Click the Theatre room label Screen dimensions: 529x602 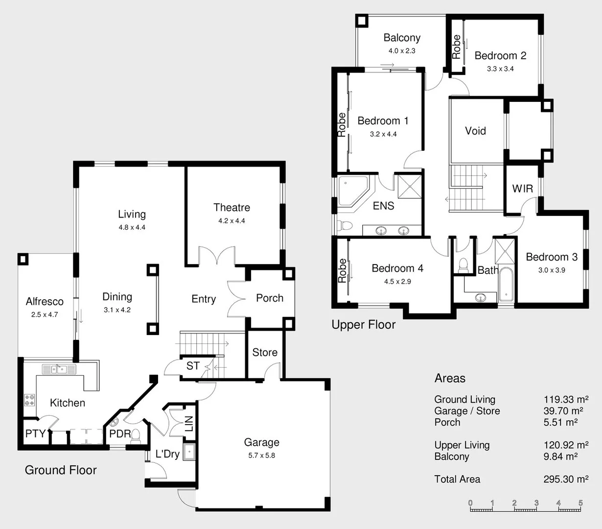tap(232, 208)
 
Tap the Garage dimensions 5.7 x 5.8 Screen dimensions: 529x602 tap(261, 456)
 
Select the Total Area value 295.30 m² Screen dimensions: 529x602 tap(566, 480)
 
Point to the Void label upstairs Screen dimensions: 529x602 tap(475, 131)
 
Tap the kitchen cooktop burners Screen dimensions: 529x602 tap(29, 400)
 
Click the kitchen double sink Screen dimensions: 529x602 tap(58, 369)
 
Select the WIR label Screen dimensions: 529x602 tap(522, 189)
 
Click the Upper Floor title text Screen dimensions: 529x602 tap(363, 325)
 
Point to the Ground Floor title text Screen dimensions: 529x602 tap(61, 470)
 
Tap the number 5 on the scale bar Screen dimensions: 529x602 tap(580, 503)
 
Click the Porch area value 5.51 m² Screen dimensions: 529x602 tap(560, 422)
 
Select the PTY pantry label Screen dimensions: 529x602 tap(35, 433)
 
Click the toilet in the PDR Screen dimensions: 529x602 tap(136, 434)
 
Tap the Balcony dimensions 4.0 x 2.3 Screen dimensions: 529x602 tap(402, 51)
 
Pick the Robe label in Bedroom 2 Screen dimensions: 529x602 tap(456, 47)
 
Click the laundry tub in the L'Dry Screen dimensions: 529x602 tap(189, 452)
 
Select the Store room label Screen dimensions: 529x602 tap(265, 353)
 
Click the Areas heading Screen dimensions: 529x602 tap(450, 378)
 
